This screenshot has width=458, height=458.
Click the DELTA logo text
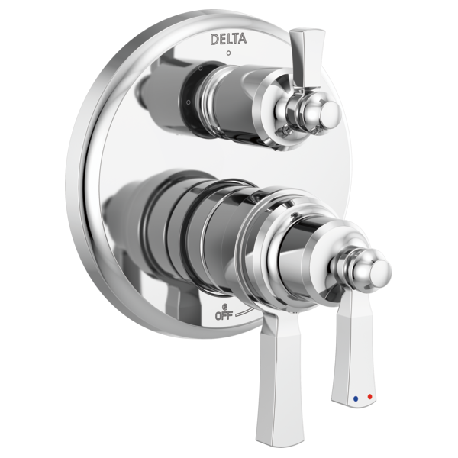tap(228, 39)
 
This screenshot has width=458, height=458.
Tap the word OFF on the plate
tap(224, 316)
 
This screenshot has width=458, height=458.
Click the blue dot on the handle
tap(356, 398)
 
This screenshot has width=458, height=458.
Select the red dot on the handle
tap(370, 397)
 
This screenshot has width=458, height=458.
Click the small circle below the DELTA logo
tap(229, 53)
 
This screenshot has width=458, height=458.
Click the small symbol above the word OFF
tap(224, 307)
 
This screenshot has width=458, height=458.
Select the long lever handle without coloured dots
tap(276, 379)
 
